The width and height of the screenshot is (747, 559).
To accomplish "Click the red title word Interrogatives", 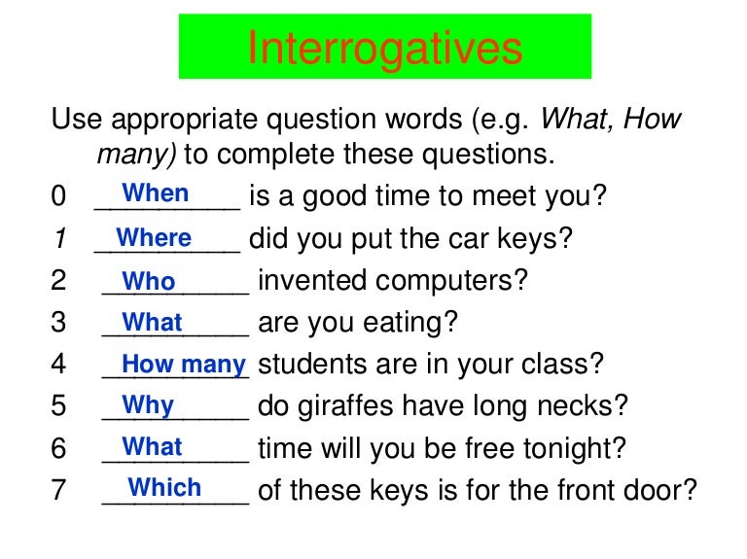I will (x=384, y=47).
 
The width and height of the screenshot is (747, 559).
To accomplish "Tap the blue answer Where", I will (x=154, y=237).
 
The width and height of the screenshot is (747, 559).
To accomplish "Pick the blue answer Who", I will (x=150, y=282).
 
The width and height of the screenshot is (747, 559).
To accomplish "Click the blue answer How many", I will (x=184, y=365).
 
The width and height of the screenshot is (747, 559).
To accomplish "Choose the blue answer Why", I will (x=149, y=405).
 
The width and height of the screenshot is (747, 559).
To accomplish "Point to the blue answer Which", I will (x=164, y=487).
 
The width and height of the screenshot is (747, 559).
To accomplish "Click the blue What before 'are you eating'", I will (x=153, y=323).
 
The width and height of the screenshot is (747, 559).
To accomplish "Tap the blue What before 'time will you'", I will (x=153, y=446).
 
